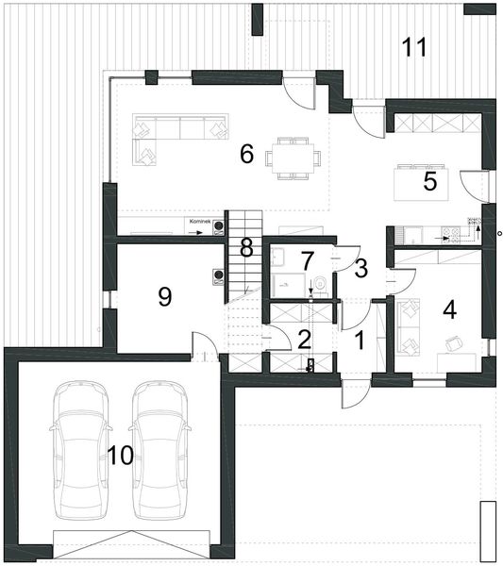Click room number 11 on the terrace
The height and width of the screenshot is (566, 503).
click(x=414, y=46)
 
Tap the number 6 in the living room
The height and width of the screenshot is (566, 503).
click(x=246, y=154)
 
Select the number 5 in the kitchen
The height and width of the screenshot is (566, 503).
click(x=430, y=182)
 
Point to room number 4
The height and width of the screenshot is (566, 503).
click(x=449, y=309)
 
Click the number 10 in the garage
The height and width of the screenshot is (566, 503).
click(x=120, y=455)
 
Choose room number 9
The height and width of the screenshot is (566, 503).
click(x=164, y=296)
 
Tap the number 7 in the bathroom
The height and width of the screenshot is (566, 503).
click(x=306, y=259)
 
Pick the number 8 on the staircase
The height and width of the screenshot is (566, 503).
click(x=246, y=249)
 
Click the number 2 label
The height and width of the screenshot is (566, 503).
click(x=304, y=339)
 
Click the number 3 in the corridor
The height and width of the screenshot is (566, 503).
click(x=360, y=269)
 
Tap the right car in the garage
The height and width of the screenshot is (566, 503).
click(x=159, y=451)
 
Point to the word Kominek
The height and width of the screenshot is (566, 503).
click(x=199, y=221)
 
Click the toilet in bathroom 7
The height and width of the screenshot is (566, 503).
click(x=320, y=281)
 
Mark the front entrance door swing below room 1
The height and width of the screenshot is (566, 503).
click(x=353, y=394)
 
